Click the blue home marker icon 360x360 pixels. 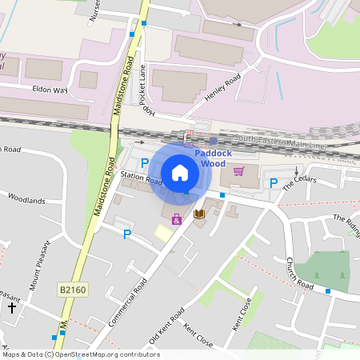(180, 172)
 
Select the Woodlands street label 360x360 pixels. (26, 198)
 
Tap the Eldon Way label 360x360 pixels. (50, 90)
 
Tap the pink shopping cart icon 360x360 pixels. (238, 170)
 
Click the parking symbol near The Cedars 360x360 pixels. (274, 183)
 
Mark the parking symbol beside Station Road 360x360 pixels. (145, 162)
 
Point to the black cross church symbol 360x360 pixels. (12, 306)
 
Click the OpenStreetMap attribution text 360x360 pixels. (80, 354)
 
